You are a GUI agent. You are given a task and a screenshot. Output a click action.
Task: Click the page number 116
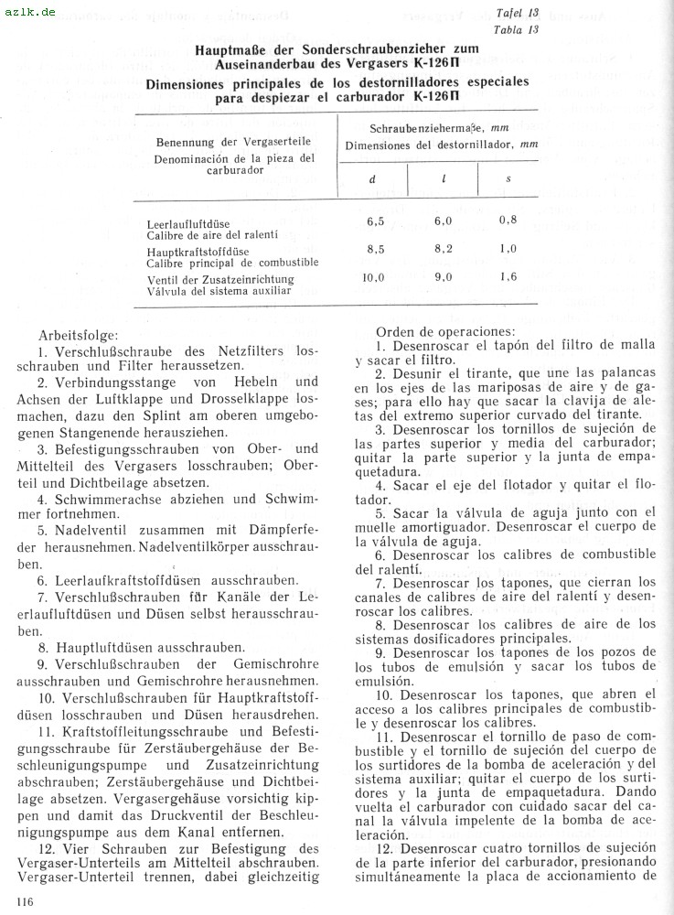click(x=18, y=904)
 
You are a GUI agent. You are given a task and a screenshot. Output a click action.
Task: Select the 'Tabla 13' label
click(x=516, y=29)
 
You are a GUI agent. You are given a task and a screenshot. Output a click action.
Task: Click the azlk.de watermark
click(x=29, y=12)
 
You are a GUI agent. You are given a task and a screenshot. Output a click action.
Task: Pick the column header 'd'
click(x=372, y=179)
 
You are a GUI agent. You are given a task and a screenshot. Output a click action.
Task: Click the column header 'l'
click(x=443, y=179)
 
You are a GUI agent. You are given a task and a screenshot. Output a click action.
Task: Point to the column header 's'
click(x=508, y=179)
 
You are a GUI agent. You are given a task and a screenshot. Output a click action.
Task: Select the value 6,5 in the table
click(x=375, y=221)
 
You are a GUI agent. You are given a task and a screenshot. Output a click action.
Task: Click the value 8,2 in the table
click(x=444, y=248)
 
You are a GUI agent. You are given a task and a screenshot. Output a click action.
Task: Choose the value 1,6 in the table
click(x=508, y=277)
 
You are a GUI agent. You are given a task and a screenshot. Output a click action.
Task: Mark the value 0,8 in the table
click(x=508, y=221)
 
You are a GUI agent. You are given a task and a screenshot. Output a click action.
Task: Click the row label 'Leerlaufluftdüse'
click(x=187, y=224)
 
